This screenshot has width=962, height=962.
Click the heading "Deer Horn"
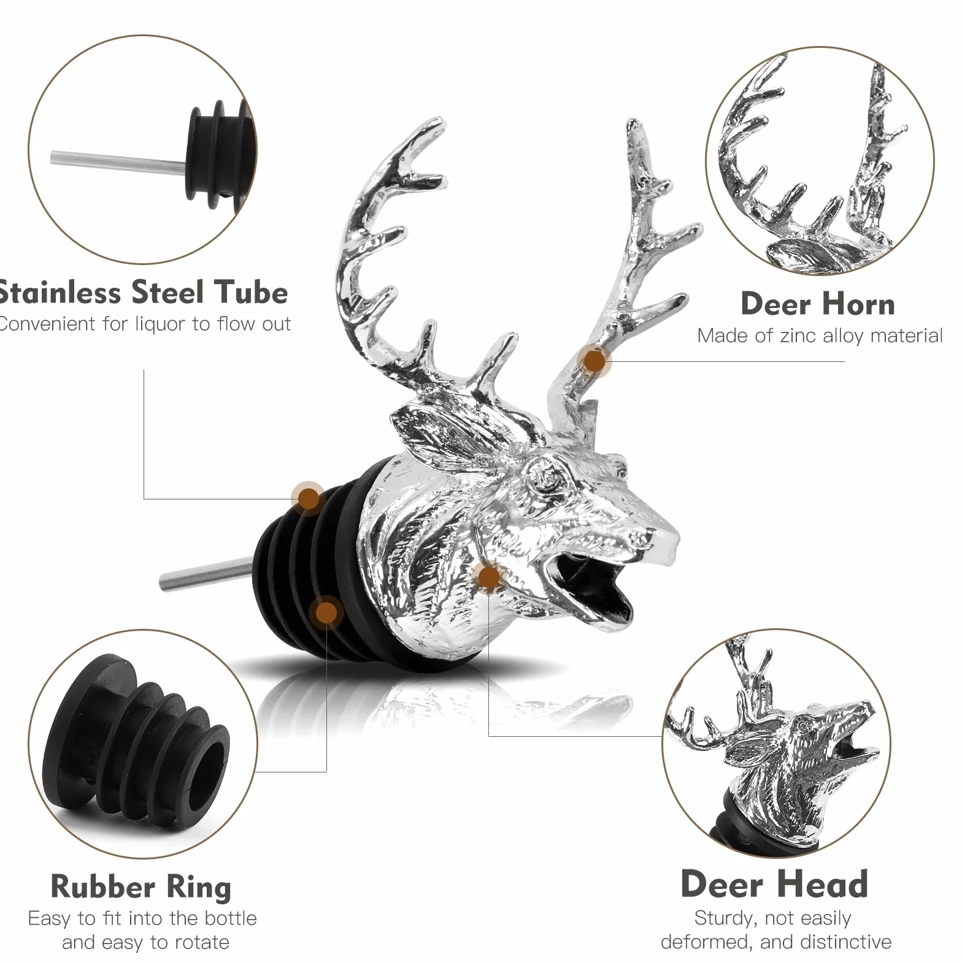(x=818, y=304)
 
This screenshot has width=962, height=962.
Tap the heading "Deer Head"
(x=774, y=884)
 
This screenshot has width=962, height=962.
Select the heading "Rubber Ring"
(x=140, y=887)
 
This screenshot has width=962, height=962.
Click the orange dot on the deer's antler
(x=595, y=360)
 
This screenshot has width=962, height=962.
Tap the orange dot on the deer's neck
(x=488, y=577)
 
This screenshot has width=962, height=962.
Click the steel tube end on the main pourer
(x=164, y=580)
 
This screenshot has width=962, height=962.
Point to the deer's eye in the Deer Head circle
(x=802, y=726)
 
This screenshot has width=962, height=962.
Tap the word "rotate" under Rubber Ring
(x=199, y=942)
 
